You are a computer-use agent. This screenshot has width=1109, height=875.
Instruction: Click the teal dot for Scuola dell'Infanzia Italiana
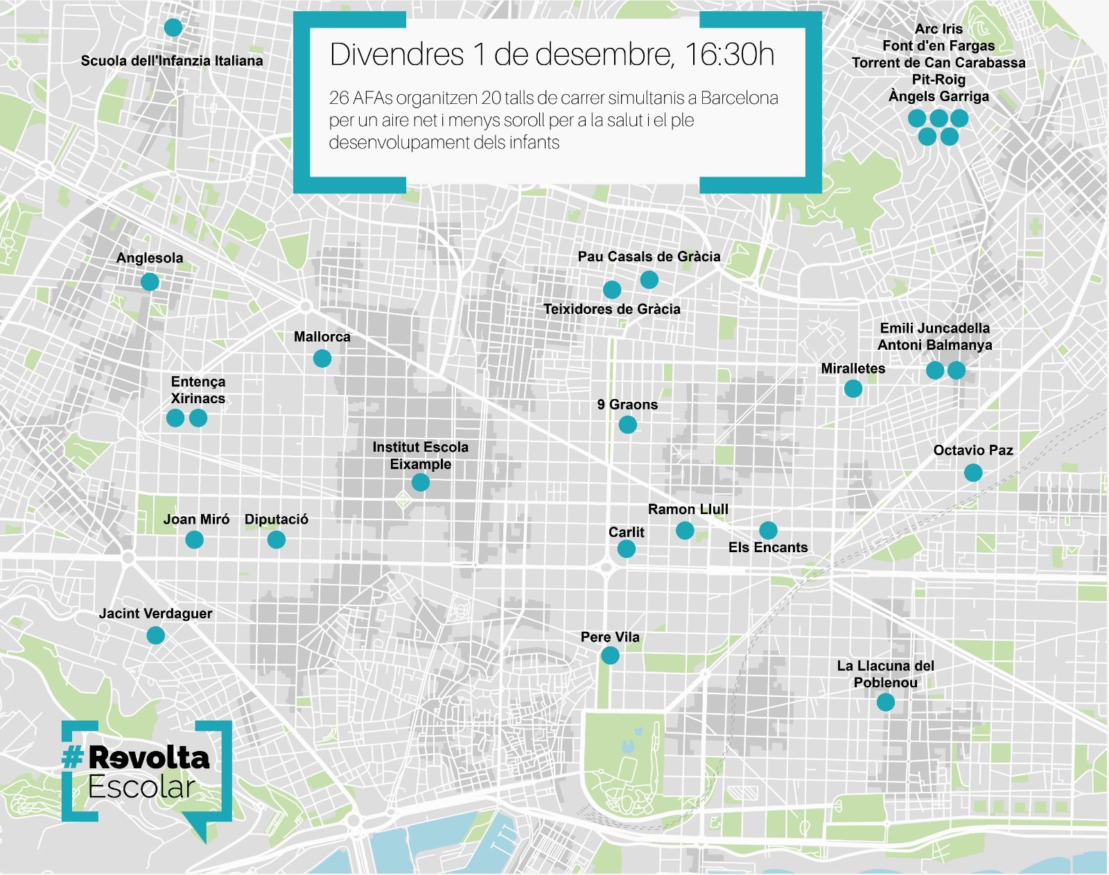pyautogui.click(x=173, y=28)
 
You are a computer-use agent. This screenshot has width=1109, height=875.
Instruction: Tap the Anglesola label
pyautogui.click(x=150, y=258)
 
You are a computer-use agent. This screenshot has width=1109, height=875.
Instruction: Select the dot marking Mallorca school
pyautogui.click(x=322, y=358)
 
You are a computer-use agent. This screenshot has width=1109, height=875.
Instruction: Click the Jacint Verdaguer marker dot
pyautogui.click(x=155, y=635)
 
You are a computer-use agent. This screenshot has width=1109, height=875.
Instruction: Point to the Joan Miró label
pyautogui.click(x=196, y=519)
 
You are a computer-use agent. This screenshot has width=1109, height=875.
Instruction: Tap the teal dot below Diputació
pyautogui.click(x=276, y=539)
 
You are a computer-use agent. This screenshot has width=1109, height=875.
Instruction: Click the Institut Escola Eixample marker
pyautogui.click(x=420, y=481)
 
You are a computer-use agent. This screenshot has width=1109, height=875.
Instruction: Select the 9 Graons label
pyautogui.click(x=627, y=405)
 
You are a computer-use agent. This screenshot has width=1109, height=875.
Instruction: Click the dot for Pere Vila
pyautogui.click(x=610, y=655)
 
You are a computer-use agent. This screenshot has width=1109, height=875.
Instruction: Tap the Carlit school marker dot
pyautogui.click(x=626, y=549)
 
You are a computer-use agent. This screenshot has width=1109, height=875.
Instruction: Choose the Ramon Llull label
pyautogui.click(x=688, y=509)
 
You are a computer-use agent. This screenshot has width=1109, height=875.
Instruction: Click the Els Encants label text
pyautogui.click(x=768, y=547)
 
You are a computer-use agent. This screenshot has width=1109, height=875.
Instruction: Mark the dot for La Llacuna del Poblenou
pyautogui.click(x=885, y=702)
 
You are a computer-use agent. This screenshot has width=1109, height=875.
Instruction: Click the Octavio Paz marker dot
pyautogui.click(x=973, y=472)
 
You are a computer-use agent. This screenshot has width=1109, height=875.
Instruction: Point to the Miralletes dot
pyautogui.click(x=853, y=388)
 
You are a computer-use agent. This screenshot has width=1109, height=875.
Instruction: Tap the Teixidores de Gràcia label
pyautogui.click(x=611, y=309)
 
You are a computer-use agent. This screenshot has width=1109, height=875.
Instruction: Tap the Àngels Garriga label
pyautogui.click(x=938, y=96)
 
